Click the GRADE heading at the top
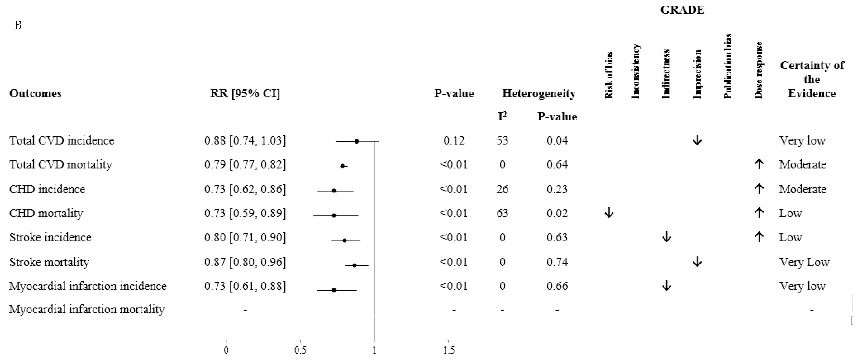click(x=682, y=10)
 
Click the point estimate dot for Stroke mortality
click(x=354, y=265)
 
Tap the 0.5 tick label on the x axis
click(x=300, y=350)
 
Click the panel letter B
click(x=18, y=25)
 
